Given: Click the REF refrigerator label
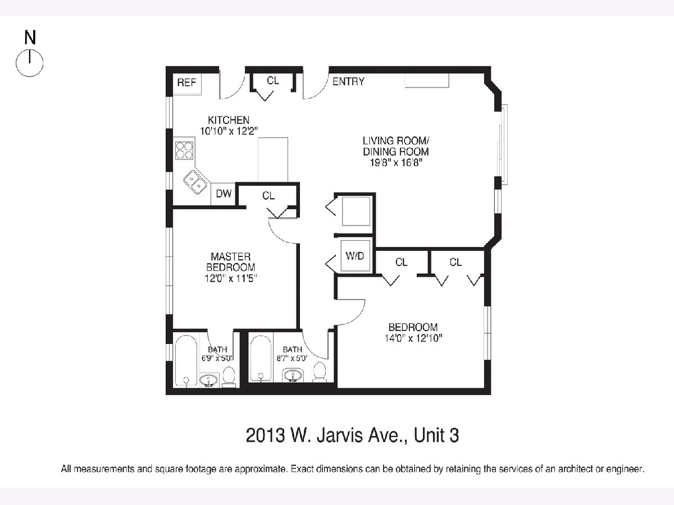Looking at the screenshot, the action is click(186, 82).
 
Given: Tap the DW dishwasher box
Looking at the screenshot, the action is click(223, 194).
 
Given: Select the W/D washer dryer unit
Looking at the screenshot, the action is click(356, 256).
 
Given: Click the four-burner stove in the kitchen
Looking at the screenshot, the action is click(184, 150).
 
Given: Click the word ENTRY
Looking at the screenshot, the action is click(348, 81).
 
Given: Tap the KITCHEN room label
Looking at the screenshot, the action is click(229, 120).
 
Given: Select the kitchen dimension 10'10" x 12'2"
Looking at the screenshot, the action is click(229, 131).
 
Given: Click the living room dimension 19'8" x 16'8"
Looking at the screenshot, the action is click(396, 162).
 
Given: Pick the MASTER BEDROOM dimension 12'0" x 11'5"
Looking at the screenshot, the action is click(231, 278).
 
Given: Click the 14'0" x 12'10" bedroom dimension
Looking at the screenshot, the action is click(413, 338).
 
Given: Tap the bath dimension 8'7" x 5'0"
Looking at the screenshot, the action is click(292, 358).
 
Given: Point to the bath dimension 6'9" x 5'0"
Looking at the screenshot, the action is click(217, 358).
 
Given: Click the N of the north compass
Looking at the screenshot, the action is click(30, 38).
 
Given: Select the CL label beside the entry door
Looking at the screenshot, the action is click(272, 81).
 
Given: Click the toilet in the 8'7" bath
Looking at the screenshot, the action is click(320, 371).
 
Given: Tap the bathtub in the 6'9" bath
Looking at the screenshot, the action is click(186, 360).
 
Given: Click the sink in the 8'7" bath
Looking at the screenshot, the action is click(293, 375).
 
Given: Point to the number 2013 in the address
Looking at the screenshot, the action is click(265, 435).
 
